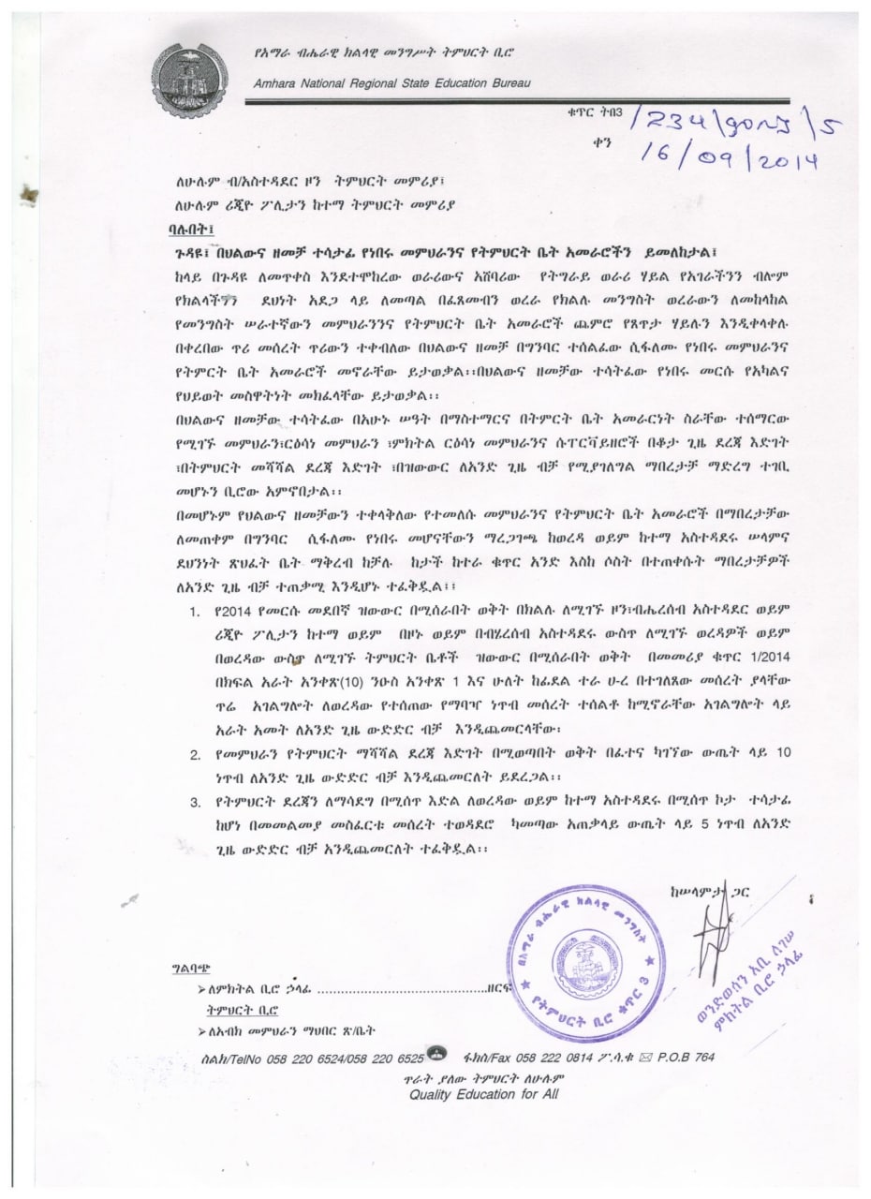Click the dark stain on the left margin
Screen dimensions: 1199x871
pyautogui.click(x=36, y=197)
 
